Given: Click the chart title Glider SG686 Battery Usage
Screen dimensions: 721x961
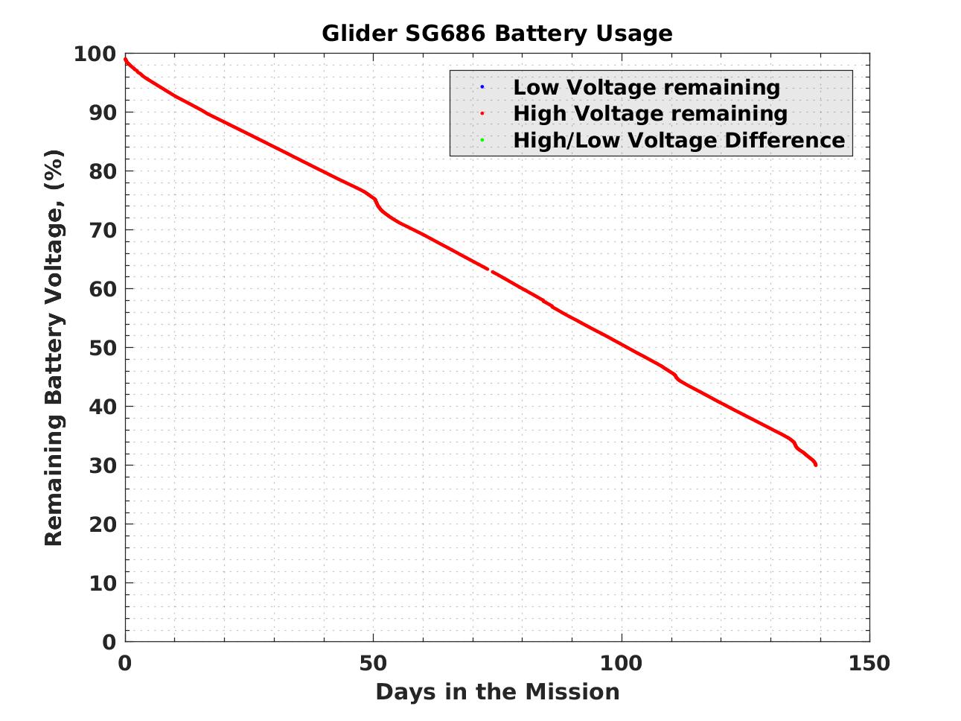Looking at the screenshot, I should click(x=497, y=34).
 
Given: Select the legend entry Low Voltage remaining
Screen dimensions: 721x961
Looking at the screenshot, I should click(x=646, y=87).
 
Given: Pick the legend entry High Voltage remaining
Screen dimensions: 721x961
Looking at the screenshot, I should click(x=650, y=113).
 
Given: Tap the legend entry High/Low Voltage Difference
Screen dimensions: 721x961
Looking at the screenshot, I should click(x=679, y=140).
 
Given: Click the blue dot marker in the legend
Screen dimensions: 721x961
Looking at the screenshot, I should click(x=482, y=87).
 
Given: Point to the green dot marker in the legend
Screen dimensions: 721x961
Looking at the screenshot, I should click(x=482, y=140).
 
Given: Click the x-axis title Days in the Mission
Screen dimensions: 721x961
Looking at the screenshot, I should click(x=497, y=692).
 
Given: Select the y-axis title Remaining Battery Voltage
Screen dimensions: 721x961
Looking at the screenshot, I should click(x=54, y=347).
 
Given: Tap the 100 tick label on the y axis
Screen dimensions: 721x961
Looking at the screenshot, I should click(x=95, y=54).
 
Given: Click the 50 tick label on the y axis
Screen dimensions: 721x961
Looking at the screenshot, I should click(x=103, y=348).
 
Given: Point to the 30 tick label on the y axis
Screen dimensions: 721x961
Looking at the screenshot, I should click(x=103, y=466).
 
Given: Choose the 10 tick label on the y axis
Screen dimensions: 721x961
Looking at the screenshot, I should click(x=103, y=583).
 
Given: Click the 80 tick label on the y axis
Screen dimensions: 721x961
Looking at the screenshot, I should click(x=103, y=172).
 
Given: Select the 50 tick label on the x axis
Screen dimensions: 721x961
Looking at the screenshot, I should click(x=373, y=663).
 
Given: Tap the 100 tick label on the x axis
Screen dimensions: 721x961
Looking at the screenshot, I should click(x=621, y=663).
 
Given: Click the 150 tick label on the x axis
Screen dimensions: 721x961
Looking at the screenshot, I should click(x=869, y=663).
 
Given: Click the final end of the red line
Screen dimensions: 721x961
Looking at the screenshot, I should click(x=816, y=465).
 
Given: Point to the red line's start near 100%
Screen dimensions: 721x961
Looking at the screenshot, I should click(x=125, y=60).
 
